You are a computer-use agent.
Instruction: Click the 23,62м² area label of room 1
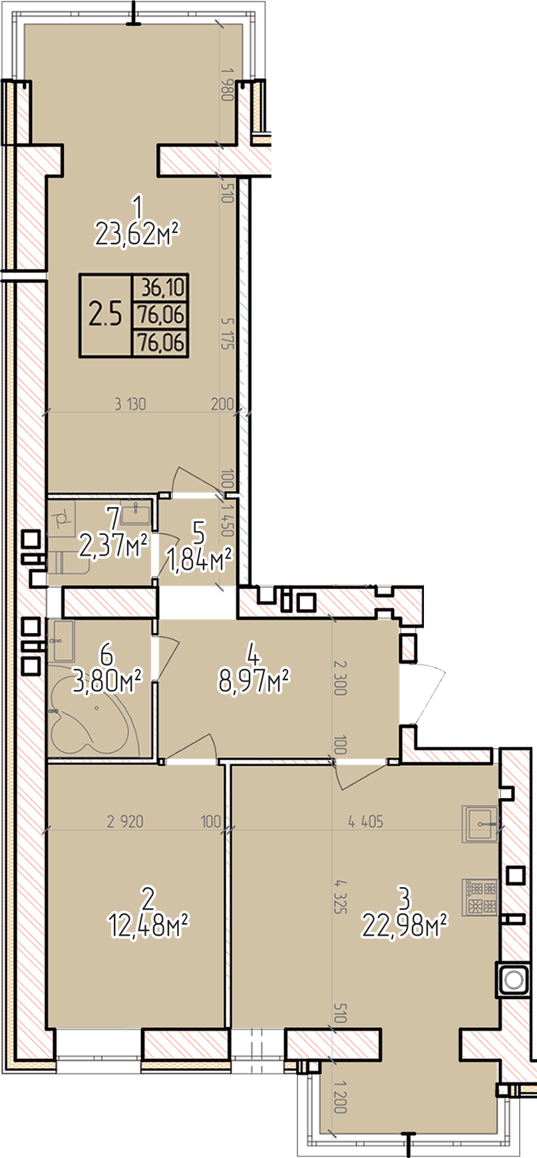coord(138,234)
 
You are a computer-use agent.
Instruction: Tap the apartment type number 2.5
coord(106,314)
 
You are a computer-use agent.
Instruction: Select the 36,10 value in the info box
coord(161,288)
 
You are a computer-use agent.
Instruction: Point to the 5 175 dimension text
coord(228,333)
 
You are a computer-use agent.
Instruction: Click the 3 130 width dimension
coord(130,403)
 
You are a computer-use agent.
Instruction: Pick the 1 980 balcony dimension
coord(226,84)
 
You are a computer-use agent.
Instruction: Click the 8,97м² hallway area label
coord(253,680)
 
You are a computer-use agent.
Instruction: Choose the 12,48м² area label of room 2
coord(148,925)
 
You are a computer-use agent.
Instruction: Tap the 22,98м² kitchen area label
coord(404,924)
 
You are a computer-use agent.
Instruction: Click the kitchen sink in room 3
coord(480,824)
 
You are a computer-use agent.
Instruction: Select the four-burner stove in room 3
coord(480,897)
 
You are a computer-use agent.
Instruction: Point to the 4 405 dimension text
coord(365,822)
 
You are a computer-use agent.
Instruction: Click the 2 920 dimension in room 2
coord(125,822)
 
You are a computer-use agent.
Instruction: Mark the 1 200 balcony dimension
coord(341,1097)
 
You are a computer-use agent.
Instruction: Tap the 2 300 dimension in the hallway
coord(341,677)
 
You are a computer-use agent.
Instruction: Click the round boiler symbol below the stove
coord(512,980)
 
